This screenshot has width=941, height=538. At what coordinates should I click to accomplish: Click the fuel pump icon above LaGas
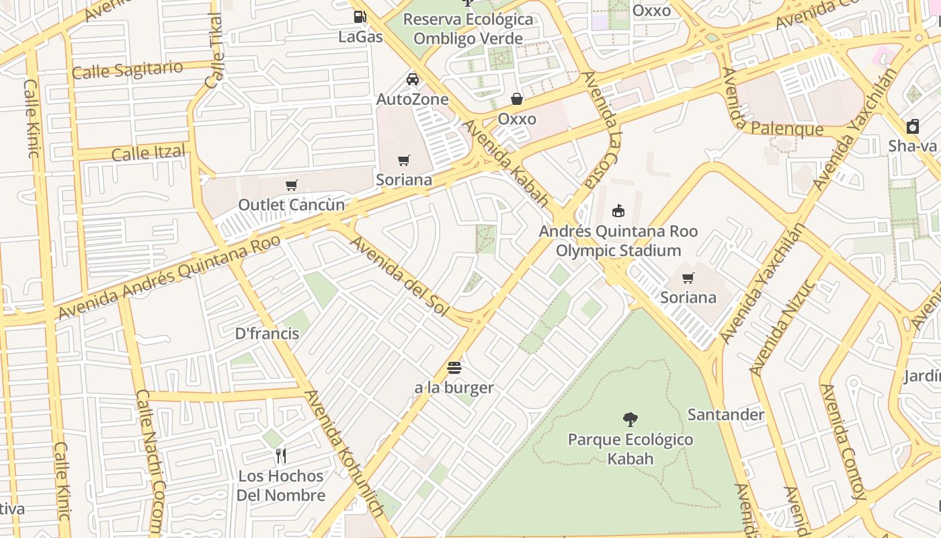pos(360,17)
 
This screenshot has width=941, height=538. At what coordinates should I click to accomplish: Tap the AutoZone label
pos(412,100)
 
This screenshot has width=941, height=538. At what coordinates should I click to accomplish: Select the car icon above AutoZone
pos(413,79)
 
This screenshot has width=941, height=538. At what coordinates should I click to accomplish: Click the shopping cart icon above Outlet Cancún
pos(292,185)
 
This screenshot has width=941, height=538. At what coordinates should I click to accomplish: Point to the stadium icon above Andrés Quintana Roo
pos(618,211)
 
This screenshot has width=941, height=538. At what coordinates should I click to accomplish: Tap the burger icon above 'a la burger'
pos(454,368)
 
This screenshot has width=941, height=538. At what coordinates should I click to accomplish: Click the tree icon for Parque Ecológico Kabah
pos(630,420)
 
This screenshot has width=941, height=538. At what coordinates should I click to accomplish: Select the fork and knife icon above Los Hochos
pos(281,456)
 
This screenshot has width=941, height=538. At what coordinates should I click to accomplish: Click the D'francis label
pos(267,333)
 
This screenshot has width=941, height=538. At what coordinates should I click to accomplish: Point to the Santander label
pos(725,414)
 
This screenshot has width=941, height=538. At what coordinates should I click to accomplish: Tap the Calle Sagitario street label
pos(127,69)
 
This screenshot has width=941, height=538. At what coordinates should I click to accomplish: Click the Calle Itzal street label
pos(148,153)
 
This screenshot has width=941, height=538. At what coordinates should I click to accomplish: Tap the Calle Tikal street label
pos(215,51)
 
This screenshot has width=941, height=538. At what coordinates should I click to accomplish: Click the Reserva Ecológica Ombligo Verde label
pos(468,29)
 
